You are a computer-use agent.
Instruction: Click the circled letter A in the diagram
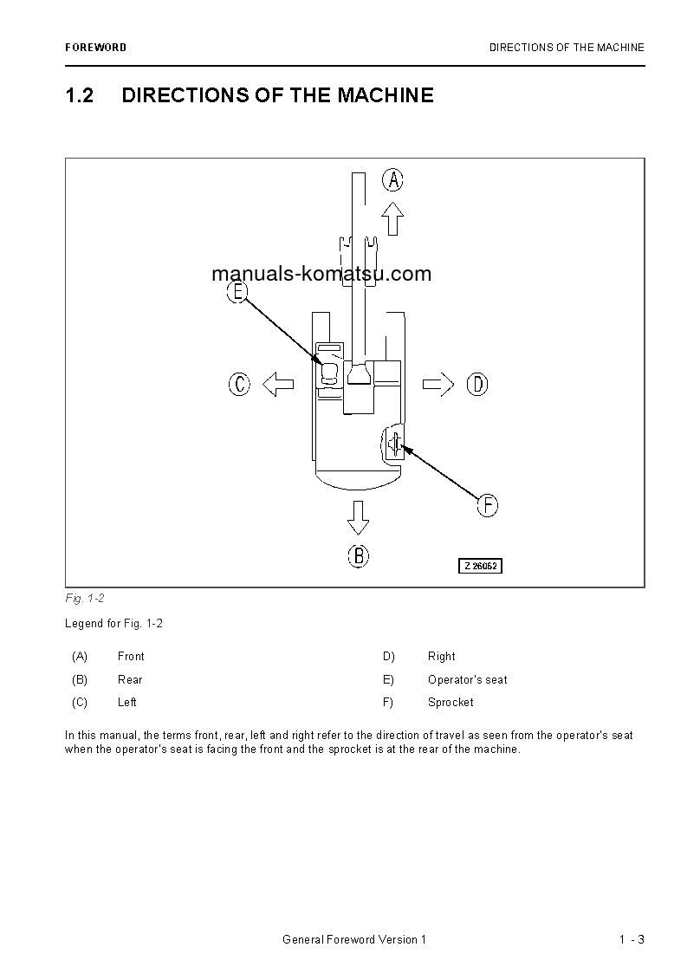click(393, 180)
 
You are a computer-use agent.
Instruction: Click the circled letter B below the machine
click(358, 555)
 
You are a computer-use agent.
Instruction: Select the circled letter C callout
click(239, 384)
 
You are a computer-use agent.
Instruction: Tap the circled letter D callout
click(477, 384)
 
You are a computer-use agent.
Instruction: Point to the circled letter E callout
click(238, 292)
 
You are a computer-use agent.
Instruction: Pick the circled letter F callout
click(488, 505)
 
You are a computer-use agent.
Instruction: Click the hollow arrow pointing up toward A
click(393, 219)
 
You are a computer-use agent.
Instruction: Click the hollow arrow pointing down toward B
click(358, 516)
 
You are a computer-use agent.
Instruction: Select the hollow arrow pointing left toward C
click(278, 384)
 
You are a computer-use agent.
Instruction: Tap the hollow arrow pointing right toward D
click(438, 384)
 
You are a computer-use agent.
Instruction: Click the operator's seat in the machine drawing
click(329, 373)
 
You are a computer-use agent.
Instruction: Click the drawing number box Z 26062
click(481, 566)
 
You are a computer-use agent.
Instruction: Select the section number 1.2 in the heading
click(79, 95)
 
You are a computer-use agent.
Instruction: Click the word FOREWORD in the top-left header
click(95, 48)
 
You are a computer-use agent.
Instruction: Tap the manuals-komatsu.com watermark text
click(321, 275)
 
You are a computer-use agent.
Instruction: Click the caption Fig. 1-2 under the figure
click(84, 599)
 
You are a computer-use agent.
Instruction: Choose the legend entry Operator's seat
click(467, 679)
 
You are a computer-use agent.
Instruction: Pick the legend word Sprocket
click(450, 702)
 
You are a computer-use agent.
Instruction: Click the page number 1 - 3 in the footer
click(632, 940)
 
